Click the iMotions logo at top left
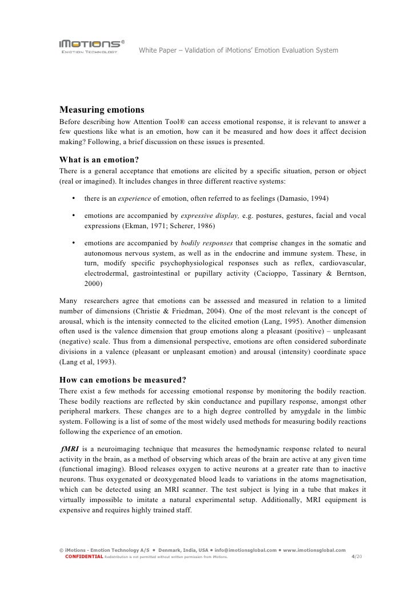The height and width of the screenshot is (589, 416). [90, 45]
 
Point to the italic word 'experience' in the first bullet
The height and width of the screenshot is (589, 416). [134, 198]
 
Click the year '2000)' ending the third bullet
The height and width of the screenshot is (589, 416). [93, 284]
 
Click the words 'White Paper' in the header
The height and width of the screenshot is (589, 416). [157, 51]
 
